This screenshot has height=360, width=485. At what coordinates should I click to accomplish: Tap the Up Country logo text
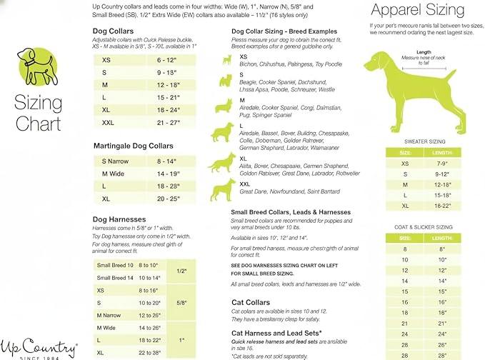coord(39,349)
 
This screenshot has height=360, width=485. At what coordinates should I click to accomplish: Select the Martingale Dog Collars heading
coord(133,146)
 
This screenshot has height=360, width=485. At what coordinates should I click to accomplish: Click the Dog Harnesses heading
coord(119,219)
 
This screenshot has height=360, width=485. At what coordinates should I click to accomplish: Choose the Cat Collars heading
coord(250,302)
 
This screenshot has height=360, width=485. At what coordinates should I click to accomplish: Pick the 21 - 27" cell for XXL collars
coord(171,122)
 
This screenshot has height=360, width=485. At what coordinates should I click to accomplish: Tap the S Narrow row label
coord(115,161)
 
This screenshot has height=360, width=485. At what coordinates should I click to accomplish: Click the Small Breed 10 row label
coord(115,265)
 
